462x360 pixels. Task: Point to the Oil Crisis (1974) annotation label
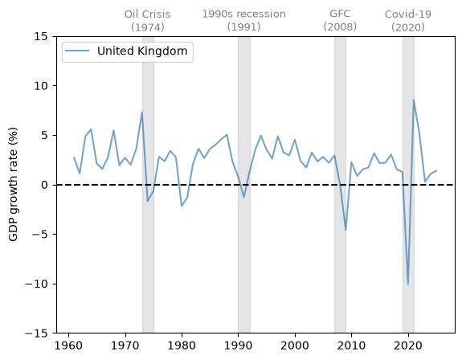point(148,21)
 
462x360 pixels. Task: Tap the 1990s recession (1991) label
point(244,20)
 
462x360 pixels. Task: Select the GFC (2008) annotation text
point(340,20)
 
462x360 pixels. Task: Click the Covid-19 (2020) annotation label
point(408,21)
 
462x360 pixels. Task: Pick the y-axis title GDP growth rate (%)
point(14,184)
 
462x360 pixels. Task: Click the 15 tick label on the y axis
point(41,36)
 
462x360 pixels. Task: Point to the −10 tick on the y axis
point(36,284)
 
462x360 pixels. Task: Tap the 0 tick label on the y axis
point(44,185)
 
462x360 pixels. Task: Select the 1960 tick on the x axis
point(68,346)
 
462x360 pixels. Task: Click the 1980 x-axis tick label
point(182,346)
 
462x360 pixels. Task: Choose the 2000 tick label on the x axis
point(295,346)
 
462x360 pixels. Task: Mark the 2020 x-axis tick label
point(408,346)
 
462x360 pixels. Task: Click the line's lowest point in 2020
point(408,284)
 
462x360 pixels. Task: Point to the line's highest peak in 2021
point(414,100)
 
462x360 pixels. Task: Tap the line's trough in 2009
point(346,230)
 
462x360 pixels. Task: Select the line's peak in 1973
point(142,112)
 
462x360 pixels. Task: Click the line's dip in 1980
point(182,207)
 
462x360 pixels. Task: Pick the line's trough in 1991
point(244,197)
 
